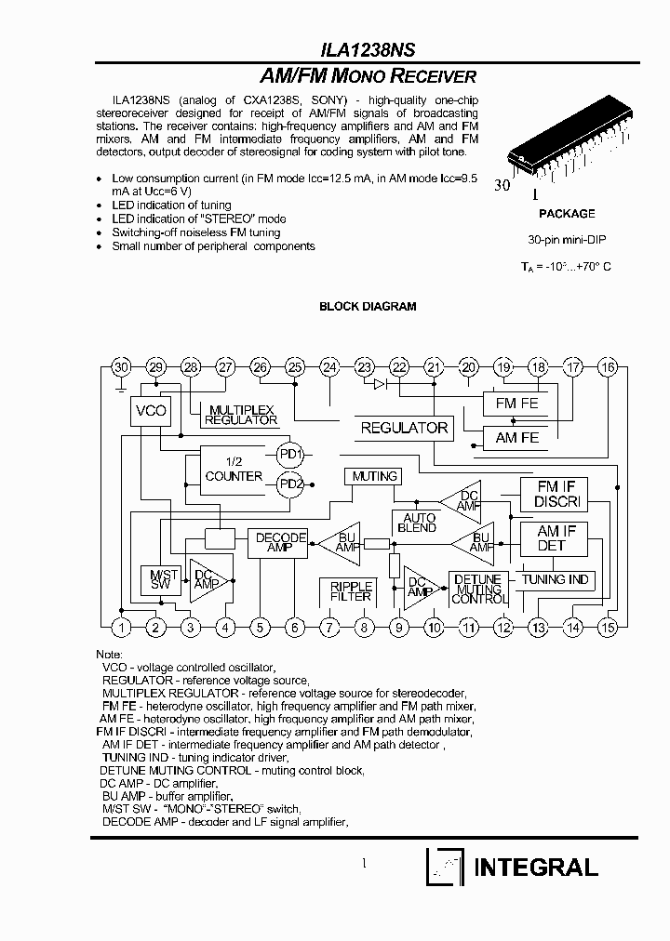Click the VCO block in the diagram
[151, 411]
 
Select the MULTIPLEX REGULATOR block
[241, 415]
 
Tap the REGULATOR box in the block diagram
[404, 428]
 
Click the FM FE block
[517, 404]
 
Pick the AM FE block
[517, 437]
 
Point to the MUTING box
[374, 476]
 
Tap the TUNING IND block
[556, 579]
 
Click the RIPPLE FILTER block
[351, 591]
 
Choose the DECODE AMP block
[280, 543]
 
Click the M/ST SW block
[160, 580]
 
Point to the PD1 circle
[290, 453]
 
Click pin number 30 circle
[121, 367]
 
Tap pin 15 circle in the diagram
[608, 628]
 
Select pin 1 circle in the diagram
[121, 628]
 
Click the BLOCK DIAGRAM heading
[368, 306]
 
